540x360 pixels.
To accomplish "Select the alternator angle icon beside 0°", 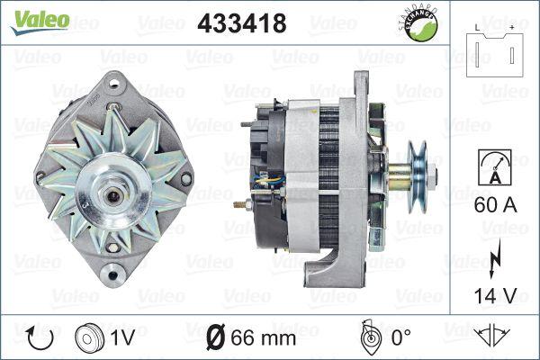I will [367, 338].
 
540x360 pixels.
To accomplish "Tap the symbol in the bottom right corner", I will [497, 338].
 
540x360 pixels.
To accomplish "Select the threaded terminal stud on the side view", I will [243, 206].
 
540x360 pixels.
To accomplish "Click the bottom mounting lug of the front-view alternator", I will [112, 268].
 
